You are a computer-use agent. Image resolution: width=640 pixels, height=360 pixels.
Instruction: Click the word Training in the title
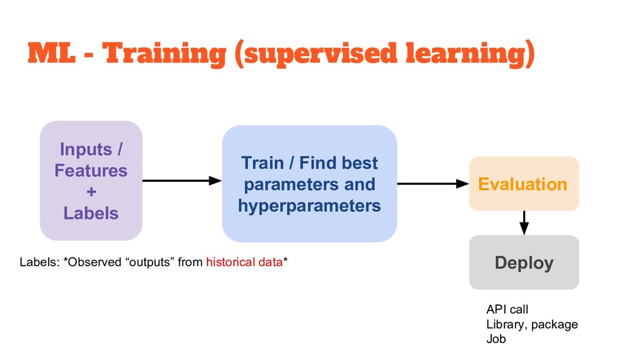tap(164, 54)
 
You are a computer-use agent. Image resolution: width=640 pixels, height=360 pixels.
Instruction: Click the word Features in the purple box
tap(91, 171)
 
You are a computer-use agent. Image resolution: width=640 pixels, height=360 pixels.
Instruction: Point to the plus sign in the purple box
tap(91, 191)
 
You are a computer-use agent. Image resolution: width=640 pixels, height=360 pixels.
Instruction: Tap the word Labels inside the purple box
tap(91, 213)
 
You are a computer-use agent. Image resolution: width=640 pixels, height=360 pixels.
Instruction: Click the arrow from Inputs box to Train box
tap(182, 181)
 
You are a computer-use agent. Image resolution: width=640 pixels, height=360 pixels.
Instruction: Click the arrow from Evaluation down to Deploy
tap(524, 222)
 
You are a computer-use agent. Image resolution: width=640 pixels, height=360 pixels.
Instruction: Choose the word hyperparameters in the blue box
tap(309, 206)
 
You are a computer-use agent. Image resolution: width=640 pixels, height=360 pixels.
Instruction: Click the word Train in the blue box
tap(262, 163)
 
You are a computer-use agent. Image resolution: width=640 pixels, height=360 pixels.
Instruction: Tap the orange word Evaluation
tap(522, 184)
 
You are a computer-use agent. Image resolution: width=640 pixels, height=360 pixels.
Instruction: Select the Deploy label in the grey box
tap(524, 262)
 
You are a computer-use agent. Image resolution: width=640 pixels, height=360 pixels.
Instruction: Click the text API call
tap(507, 309)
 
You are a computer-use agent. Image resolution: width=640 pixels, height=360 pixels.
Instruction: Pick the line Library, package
tap(532, 324)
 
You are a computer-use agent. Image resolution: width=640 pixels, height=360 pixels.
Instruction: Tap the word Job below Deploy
tap(496, 339)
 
